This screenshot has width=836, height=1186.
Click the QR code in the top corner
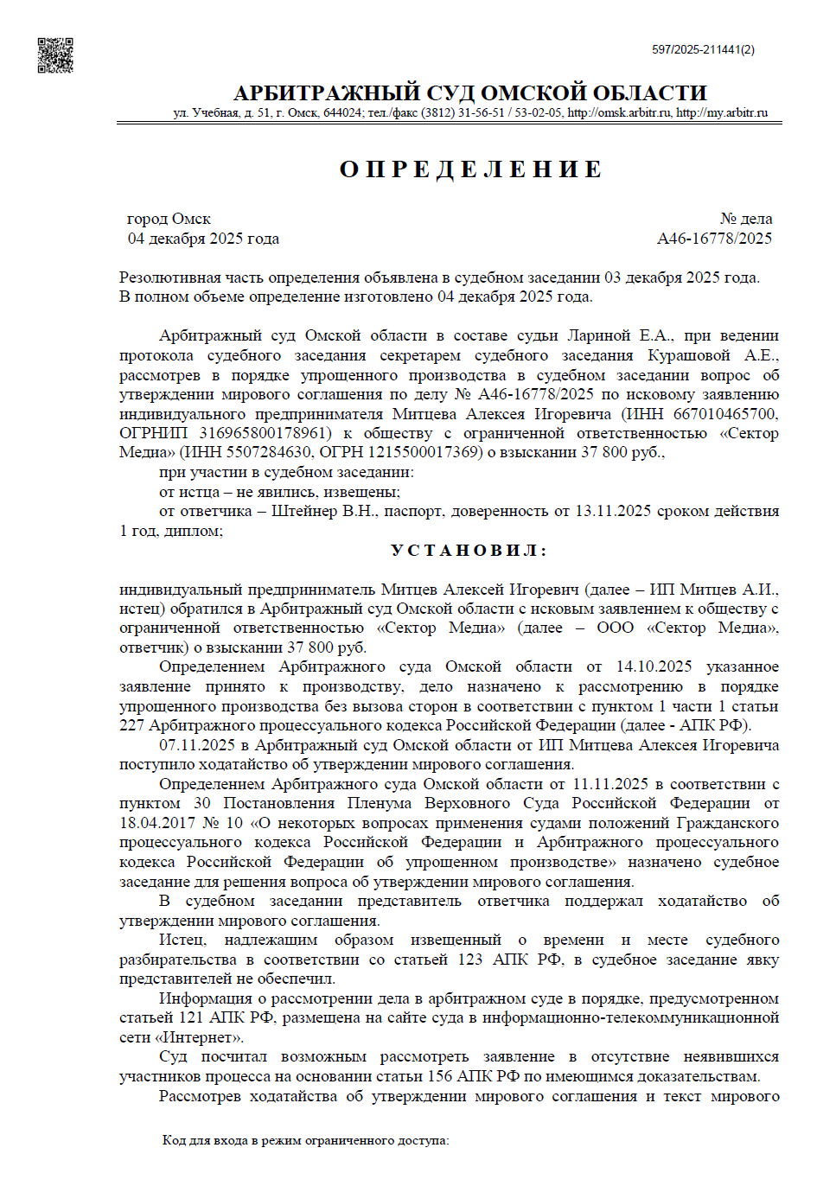[x=55, y=55]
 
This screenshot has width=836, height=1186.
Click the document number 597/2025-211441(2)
[x=703, y=50]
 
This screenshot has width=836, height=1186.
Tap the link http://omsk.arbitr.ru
[x=619, y=112]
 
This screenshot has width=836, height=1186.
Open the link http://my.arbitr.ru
[x=722, y=112]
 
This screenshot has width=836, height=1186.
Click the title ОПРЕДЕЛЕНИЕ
[x=470, y=169]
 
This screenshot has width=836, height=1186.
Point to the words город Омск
[x=169, y=219]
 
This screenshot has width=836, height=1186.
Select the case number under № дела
[x=714, y=239]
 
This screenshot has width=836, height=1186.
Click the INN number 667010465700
[x=724, y=414]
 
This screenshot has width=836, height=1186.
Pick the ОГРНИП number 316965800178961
[x=265, y=433]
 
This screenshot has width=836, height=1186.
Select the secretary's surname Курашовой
[x=689, y=355]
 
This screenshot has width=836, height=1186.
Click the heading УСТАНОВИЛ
[x=469, y=551]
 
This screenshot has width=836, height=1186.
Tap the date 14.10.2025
[x=654, y=666]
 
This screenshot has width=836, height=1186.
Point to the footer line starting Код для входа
[x=305, y=1140]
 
